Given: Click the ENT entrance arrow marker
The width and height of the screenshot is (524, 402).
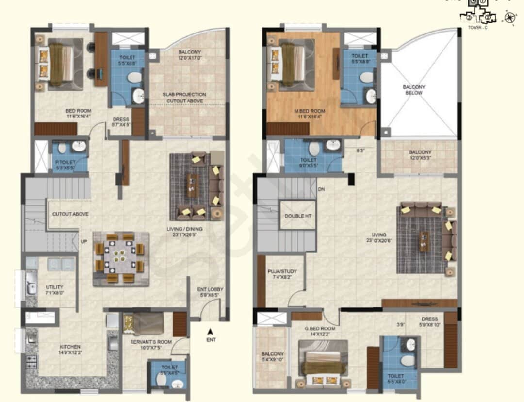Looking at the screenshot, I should [210, 332].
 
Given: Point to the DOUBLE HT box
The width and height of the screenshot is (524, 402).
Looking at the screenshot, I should [298, 216].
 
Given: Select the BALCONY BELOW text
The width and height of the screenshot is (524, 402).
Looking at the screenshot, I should [414, 90].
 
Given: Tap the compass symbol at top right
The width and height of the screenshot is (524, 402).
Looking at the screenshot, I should [509, 18].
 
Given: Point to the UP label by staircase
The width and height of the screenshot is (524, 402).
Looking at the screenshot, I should [84, 241].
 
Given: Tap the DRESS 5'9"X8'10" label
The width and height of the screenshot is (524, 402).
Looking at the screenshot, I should [429, 322].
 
